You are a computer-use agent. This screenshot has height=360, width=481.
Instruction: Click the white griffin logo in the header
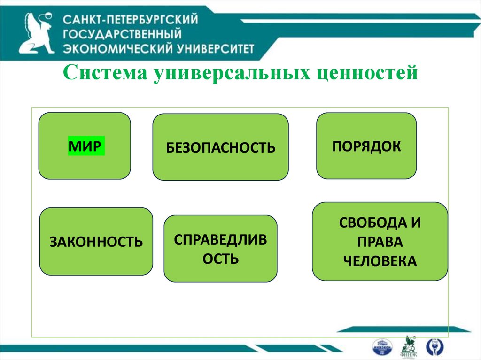coord(36,34)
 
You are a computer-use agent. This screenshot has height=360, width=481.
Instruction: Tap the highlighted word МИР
coord(85,146)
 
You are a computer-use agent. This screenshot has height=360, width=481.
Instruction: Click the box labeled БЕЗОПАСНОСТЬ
coord(220,147)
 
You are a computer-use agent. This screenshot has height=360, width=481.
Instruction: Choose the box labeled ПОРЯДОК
coord(366,146)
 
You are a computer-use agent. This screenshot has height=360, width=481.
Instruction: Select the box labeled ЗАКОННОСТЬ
coord(96,242)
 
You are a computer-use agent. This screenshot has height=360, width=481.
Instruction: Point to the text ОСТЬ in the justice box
coord(220,259)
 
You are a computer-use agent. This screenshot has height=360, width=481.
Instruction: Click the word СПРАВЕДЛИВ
coord(220,240)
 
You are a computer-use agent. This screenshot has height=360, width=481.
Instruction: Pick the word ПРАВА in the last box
coord(380,242)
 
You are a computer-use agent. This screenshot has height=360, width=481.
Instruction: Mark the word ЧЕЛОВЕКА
coord(380,261)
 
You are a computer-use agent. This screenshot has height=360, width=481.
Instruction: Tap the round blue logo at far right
coord(434,346)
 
